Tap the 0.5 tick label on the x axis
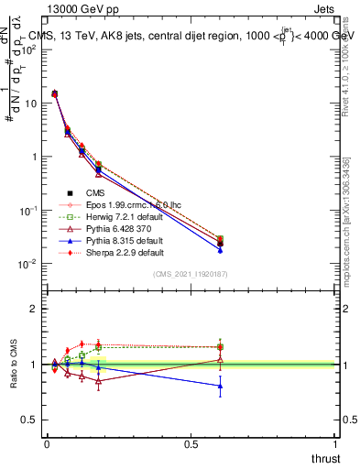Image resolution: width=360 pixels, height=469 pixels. tap(191, 443)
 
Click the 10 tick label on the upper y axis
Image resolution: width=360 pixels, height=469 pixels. tap(31, 104)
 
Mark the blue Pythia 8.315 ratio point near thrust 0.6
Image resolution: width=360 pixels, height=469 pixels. tap(220, 386)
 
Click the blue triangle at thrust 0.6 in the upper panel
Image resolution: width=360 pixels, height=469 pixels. tap(220, 249)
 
